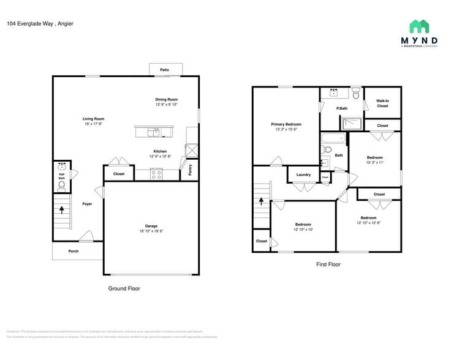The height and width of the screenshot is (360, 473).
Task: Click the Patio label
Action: click(164, 70)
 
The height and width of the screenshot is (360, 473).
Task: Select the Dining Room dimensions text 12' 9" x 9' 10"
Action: click(166, 105)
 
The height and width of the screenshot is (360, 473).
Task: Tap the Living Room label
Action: click(94, 119)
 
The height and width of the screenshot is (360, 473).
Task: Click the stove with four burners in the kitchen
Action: click(156, 174)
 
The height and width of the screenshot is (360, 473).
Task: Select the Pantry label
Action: click(190, 170)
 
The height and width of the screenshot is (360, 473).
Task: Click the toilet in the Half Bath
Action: click(61, 184)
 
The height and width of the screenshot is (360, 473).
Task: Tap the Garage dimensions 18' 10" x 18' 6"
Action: click(151, 231)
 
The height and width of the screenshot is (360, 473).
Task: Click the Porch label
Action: click(73, 251)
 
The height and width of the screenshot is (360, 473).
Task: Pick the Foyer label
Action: click(87, 204)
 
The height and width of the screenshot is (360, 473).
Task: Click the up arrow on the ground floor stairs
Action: click(61, 209)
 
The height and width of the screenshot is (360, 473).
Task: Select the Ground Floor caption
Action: click(124, 288)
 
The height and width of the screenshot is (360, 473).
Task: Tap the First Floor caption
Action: click(328, 264)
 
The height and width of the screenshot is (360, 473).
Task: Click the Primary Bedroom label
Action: click(286, 124)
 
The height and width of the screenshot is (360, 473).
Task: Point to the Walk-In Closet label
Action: click(382, 103)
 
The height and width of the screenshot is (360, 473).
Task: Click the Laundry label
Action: click(303, 174)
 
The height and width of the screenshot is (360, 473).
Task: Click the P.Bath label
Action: click(342, 108)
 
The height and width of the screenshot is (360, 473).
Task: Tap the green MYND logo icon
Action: click(419, 26)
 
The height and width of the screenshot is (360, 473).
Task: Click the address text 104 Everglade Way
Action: click(31, 24)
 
